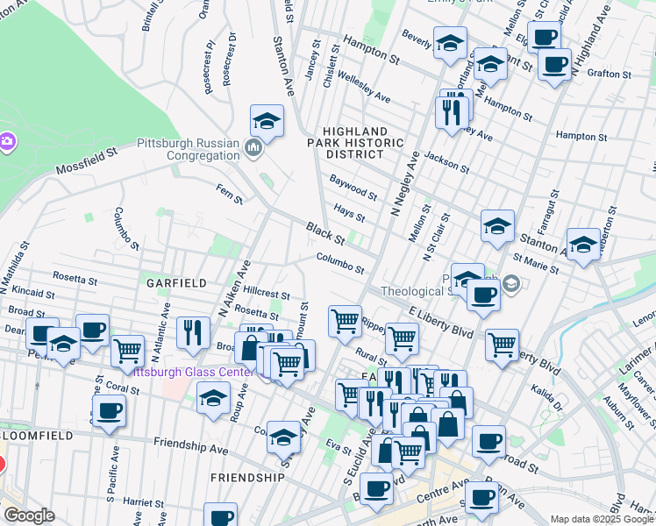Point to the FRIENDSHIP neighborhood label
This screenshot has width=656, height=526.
[x=247, y=478]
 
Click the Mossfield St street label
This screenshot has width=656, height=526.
[x=86, y=160]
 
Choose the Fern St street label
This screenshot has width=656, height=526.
[x=229, y=194]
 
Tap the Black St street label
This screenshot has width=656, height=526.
[x=325, y=234]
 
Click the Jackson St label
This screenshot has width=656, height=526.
[x=443, y=161]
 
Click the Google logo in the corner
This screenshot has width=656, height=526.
[x=29, y=515]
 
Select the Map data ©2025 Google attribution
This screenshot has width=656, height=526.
[x=601, y=519]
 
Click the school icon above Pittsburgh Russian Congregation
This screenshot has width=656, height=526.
[x=267, y=120]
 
